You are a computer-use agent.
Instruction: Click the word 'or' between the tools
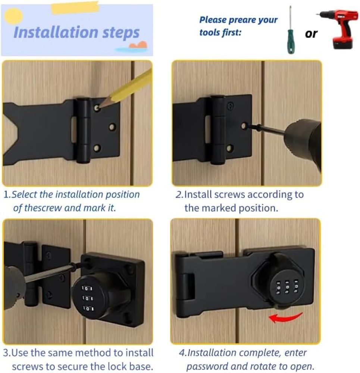click(x=311, y=34)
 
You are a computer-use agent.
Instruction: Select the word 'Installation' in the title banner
click(x=56, y=32)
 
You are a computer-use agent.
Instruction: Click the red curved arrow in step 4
click(x=285, y=317)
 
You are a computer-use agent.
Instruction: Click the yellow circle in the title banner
click(x=13, y=16)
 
